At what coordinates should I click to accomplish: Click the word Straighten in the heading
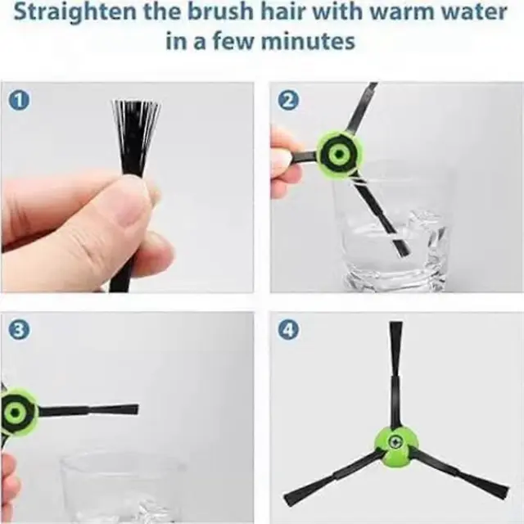[x=75, y=12]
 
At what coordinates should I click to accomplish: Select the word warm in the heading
[x=400, y=11]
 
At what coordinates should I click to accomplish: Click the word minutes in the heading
[x=308, y=42]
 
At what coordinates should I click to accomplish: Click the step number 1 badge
[x=19, y=100]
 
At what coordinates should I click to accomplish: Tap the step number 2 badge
[x=288, y=100]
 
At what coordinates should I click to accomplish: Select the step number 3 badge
[x=19, y=330]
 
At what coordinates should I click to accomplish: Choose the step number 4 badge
[x=288, y=330]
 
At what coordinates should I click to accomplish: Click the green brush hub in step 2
[x=339, y=154]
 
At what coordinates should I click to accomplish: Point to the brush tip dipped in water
[x=401, y=248]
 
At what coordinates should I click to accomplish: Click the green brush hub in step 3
[x=17, y=413]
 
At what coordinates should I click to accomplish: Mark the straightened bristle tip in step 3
[x=133, y=409]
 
